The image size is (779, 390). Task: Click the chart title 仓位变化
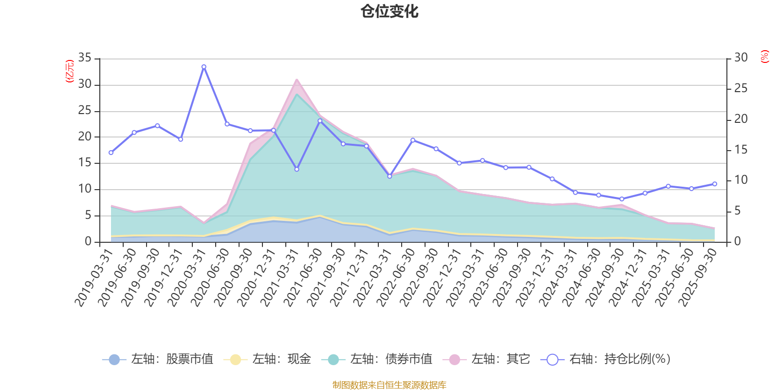(x=389, y=11)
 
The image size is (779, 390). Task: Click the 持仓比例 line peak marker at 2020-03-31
(x=204, y=67)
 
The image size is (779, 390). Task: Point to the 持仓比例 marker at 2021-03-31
(x=297, y=169)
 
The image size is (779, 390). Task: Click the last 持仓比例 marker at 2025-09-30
(x=714, y=184)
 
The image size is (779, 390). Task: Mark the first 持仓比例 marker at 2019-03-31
(x=111, y=153)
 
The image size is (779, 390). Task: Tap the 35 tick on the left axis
(x=85, y=58)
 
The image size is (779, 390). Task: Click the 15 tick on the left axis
(x=85, y=163)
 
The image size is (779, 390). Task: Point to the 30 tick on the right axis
(x=741, y=58)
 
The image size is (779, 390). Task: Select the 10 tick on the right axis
(x=741, y=180)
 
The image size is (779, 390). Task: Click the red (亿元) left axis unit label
(x=70, y=71)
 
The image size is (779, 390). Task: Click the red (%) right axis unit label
(x=765, y=57)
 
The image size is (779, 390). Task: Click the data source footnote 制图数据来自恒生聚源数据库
(x=389, y=385)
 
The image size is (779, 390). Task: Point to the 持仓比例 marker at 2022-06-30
(x=413, y=140)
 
